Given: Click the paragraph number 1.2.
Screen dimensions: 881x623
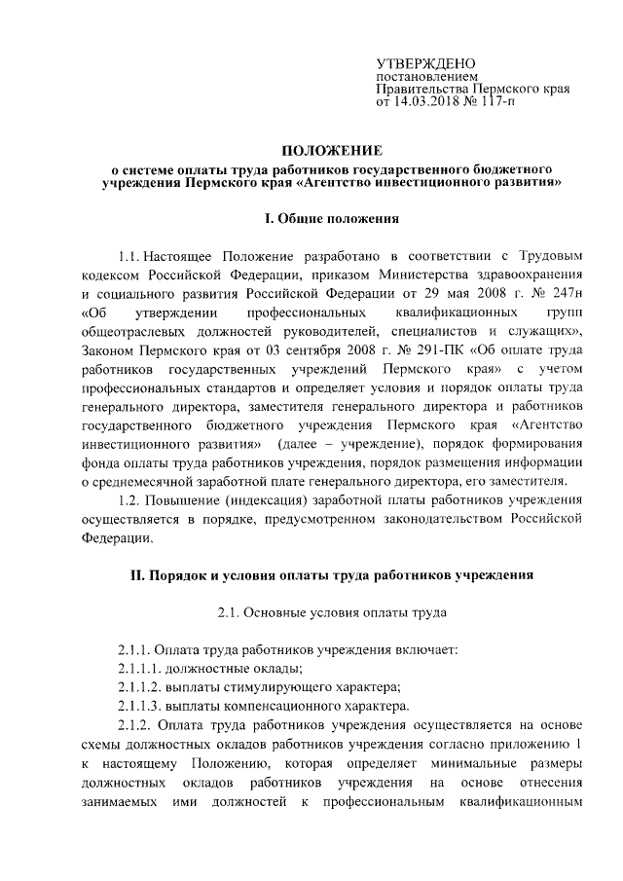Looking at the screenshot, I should pyautogui.click(x=127, y=501).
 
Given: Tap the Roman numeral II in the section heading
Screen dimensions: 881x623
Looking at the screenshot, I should pyautogui.click(x=137, y=574).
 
